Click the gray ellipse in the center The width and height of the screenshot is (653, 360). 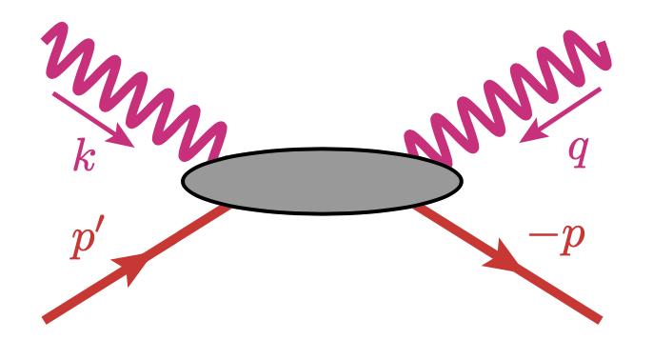click(322, 181)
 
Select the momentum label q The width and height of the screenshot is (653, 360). click(578, 150)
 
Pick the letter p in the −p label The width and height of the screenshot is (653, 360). click(570, 239)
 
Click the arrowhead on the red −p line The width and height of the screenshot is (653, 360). click(505, 257)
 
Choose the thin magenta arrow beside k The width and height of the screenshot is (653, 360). click(93, 118)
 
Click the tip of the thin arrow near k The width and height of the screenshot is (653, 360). click(131, 144)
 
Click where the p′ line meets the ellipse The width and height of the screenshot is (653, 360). click(229, 205)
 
